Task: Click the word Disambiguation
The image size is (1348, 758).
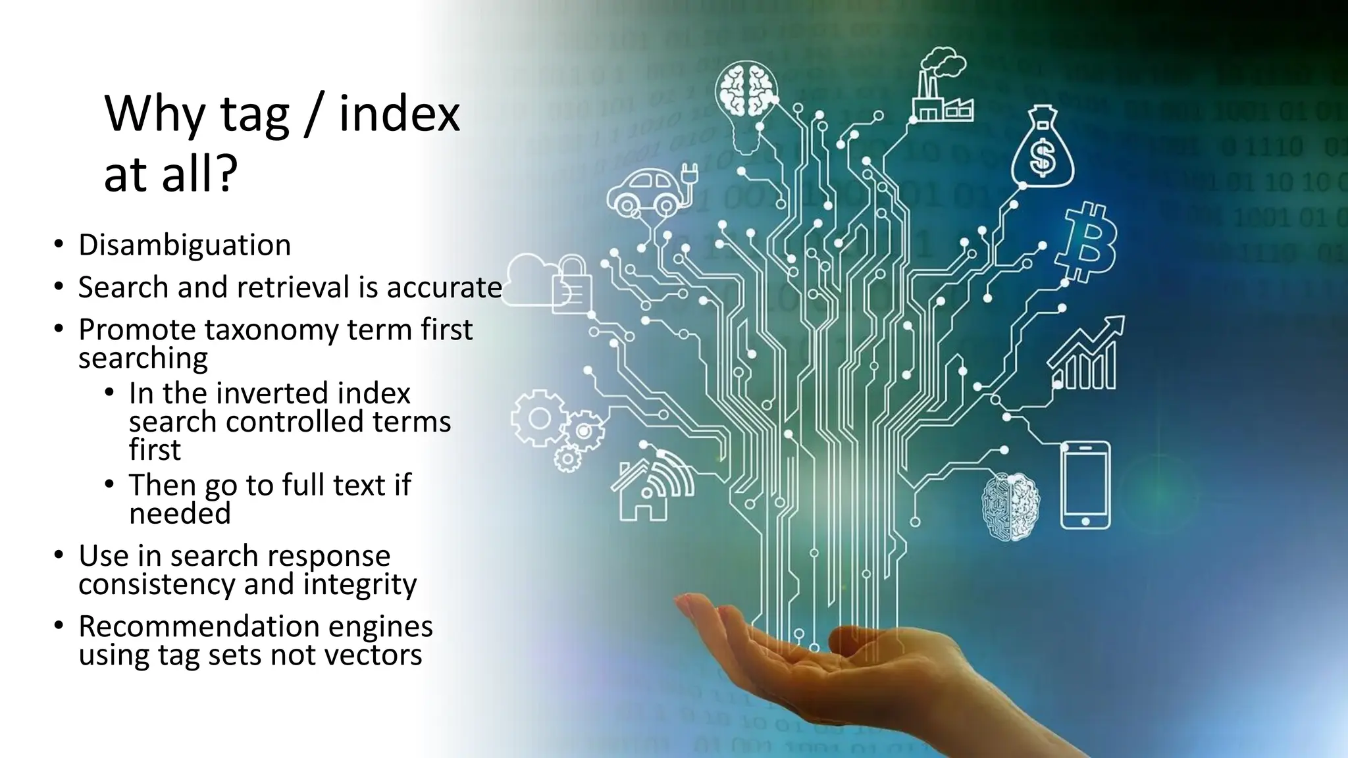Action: (x=184, y=245)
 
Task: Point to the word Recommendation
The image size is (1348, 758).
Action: (x=198, y=626)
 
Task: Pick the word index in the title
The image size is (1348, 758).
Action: (x=399, y=114)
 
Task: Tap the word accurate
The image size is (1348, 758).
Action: (x=444, y=288)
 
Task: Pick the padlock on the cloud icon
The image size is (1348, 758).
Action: (x=571, y=284)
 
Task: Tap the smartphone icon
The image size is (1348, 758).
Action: (x=1085, y=485)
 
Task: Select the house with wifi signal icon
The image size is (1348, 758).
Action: (x=648, y=486)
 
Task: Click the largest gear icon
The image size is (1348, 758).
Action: (x=539, y=418)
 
